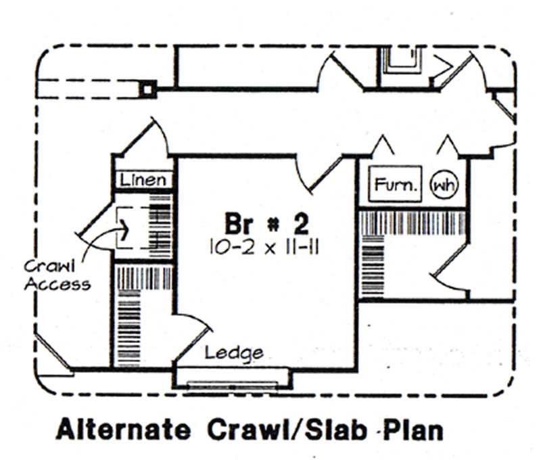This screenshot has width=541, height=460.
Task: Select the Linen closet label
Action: [143, 180]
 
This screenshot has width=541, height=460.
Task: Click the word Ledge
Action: [234, 352]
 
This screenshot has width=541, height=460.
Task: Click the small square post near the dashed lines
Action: [148, 89]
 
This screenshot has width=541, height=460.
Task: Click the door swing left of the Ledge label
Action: [193, 335]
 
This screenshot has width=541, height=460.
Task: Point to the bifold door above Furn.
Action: [384, 146]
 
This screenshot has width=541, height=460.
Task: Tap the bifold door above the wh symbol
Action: [448, 146]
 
